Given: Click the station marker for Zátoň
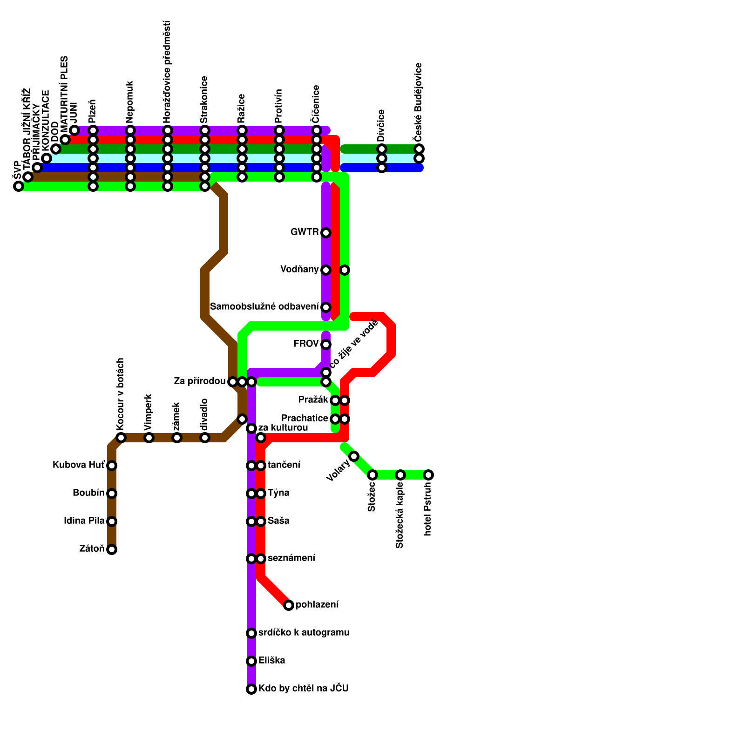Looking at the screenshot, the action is (x=112, y=549).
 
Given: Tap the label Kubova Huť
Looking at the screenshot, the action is (x=79, y=465).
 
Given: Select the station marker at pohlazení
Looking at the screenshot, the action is (x=289, y=605).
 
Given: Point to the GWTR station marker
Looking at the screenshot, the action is (x=326, y=233).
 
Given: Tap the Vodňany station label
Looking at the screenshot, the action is (x=299, y=270).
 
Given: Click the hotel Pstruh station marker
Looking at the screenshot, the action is (x=428, y=475).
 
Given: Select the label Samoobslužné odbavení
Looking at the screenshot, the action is (x=264, y=307).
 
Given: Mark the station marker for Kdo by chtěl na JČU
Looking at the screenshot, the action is (x=251, y=689).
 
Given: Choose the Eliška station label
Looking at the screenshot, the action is (x=271, y=661).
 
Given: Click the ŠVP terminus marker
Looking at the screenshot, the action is (x=19, y=186).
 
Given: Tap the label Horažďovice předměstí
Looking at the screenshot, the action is (x=167, y=72).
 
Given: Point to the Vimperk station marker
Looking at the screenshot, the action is (x=149, y=438).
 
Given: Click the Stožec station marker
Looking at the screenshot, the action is (x=372, y=475).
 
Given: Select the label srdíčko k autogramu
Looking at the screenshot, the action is (x=304, y=633).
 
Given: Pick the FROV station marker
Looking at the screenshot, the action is (x=326, y=345).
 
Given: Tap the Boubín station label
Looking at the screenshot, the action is (x=88, y=493).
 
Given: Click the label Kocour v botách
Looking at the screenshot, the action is (x=121, y=394).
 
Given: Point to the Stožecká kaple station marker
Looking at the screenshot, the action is (x=400, y=475).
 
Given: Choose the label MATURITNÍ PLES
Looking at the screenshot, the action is (x=65, y=95).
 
